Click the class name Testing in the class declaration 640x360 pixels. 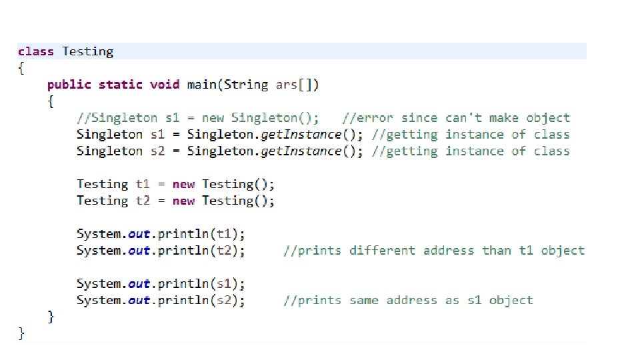point(88,51)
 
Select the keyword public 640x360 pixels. point(69,85)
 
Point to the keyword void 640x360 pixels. point(165,85)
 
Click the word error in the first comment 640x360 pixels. point(379,118)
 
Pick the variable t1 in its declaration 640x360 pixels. point(143,184)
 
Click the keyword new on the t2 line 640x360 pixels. point(183,201)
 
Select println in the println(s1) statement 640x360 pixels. point(179,283)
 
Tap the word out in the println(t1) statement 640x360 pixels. point(139,234)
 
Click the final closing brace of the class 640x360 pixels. point(21,333)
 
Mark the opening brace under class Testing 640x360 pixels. point(21,68)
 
